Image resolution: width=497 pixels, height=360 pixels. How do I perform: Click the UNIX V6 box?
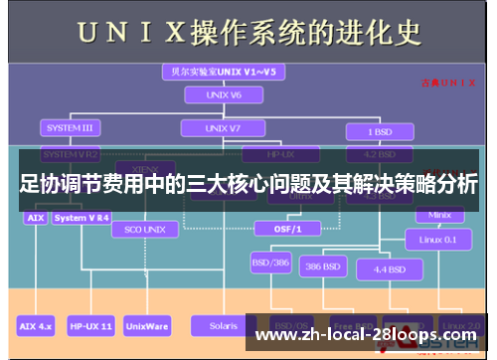coord(217,96)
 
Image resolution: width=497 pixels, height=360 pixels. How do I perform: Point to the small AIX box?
coord(35,217)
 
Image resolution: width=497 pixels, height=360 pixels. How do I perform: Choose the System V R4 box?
coord(83,217)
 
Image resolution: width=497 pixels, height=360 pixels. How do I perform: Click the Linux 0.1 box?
coord(436,240)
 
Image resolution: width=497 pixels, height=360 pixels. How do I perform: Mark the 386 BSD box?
coord(325,267)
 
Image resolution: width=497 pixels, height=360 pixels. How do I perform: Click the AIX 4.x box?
coord(37,324)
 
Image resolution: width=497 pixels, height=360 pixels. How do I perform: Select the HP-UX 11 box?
coord(90,324)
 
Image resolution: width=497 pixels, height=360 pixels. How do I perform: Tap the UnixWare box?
coord(147,324)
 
